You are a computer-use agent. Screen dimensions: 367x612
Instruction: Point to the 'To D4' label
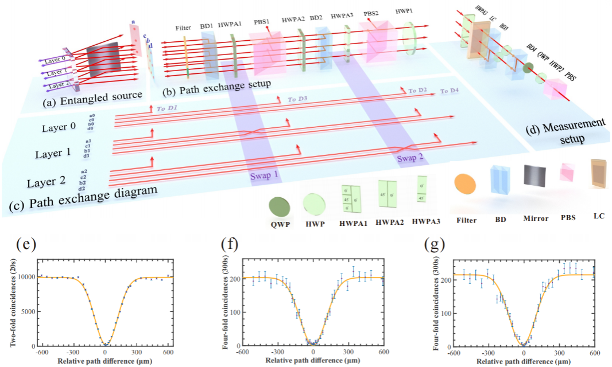pos(450,91)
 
